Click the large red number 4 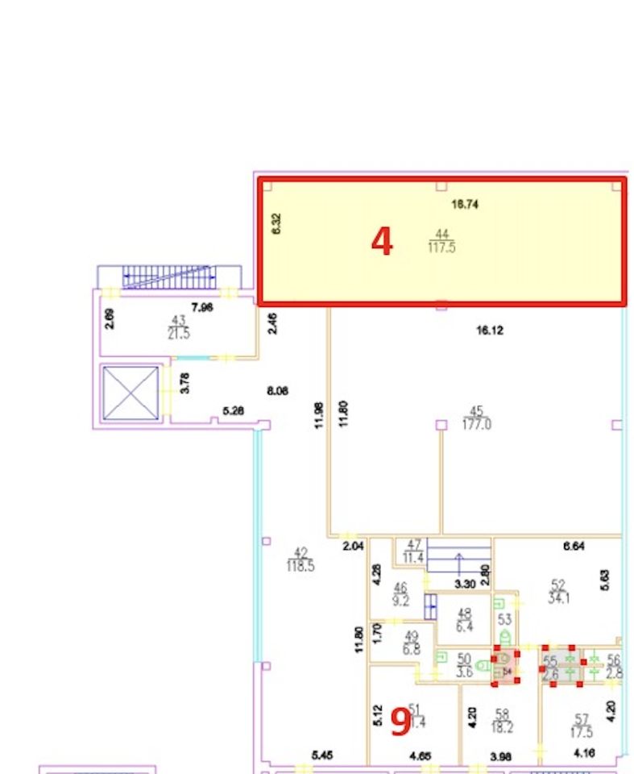pyautogui.click(x=382, y=241)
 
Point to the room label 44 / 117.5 pyautogui.click(x=442, y=241)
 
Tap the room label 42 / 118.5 pyautogui.click(x=300, y=559)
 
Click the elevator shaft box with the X pyautogui.click(x=131, y=393)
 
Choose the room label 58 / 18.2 pyautogui.click(x=502, y=721)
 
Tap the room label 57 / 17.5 pyautogui.click(x=581, y=726)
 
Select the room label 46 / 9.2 pyautogui.click(x=400, y=594)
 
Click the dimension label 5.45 pyautogui.click(x=322, y=755)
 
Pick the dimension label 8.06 pyautogui.click(x=276, y=391)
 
